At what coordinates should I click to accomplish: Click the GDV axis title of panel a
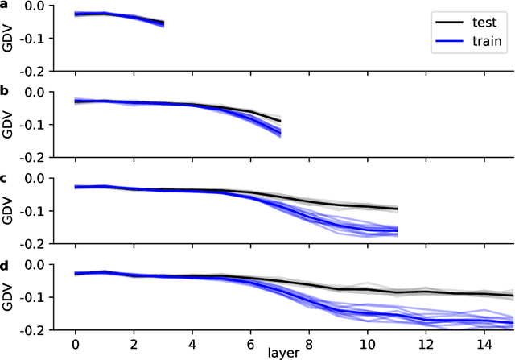tap(8, 38)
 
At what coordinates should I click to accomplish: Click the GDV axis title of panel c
tap(8, 211)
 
